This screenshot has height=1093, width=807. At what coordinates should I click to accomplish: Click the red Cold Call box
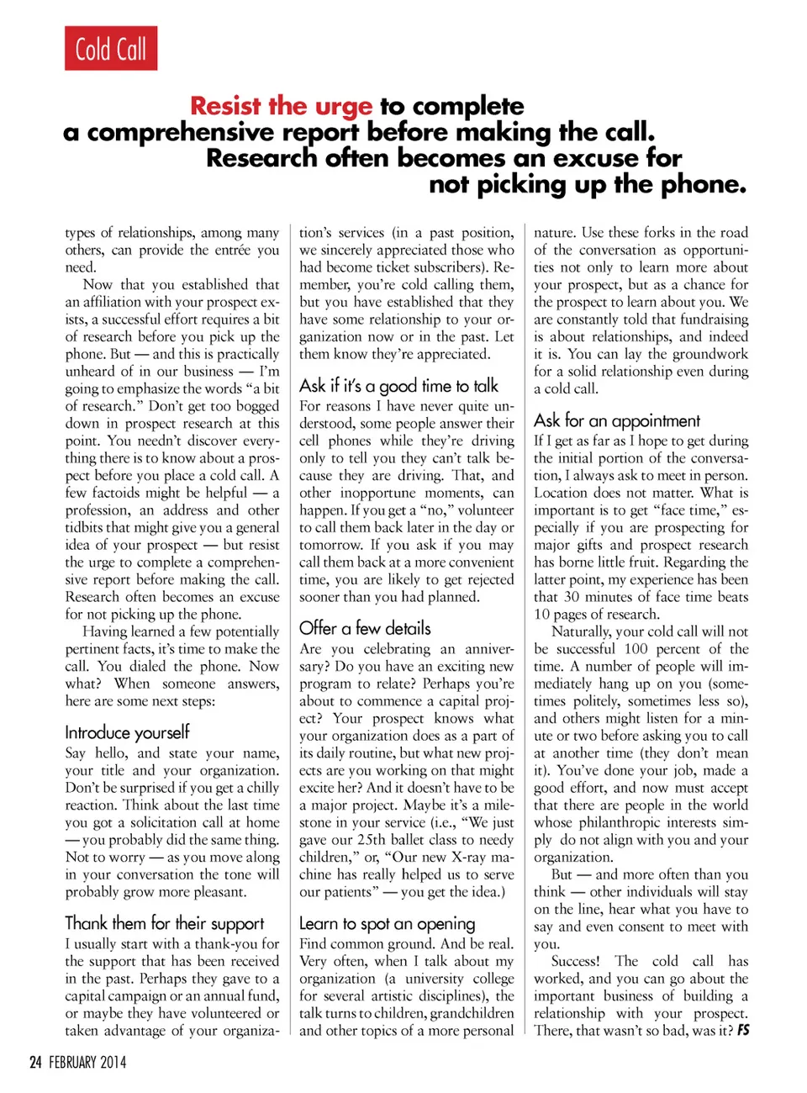[111, 49]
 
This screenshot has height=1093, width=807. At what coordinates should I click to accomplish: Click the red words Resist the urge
[281, 106]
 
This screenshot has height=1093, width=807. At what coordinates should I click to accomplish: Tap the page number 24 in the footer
[35, 1063]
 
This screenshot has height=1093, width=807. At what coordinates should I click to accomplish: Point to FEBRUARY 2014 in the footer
[87, 1063]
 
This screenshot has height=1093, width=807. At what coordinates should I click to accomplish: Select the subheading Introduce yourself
[127, 732]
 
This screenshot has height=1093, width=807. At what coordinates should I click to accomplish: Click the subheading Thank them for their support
[164, 923]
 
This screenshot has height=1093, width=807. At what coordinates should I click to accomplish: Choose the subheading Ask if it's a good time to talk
[398, 386]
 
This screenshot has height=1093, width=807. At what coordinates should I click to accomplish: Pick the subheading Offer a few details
[365, 628]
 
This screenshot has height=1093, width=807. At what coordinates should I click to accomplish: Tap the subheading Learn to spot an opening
[387, 923]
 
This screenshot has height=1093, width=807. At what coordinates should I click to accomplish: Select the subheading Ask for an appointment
[616, 420]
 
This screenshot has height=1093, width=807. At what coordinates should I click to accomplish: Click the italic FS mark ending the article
[743, 1030]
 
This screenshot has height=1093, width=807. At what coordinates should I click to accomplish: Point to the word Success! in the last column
[575, 961]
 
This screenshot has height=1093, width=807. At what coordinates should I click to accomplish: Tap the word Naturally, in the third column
[580, 631]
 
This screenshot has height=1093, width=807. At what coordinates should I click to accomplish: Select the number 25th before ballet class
[389, 840]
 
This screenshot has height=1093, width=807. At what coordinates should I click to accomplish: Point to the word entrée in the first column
[232, 250]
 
